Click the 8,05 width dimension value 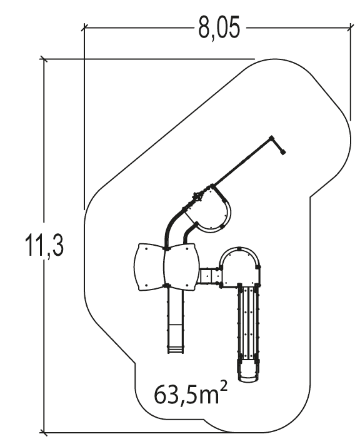[x=219, y=28]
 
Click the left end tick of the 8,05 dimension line [x=84, y=28]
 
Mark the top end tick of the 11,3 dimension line [x=43, y=59]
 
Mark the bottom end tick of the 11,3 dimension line [x=43, y=431]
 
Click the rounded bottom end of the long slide [x=248, y=372]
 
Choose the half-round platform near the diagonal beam [x=216, y=213]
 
